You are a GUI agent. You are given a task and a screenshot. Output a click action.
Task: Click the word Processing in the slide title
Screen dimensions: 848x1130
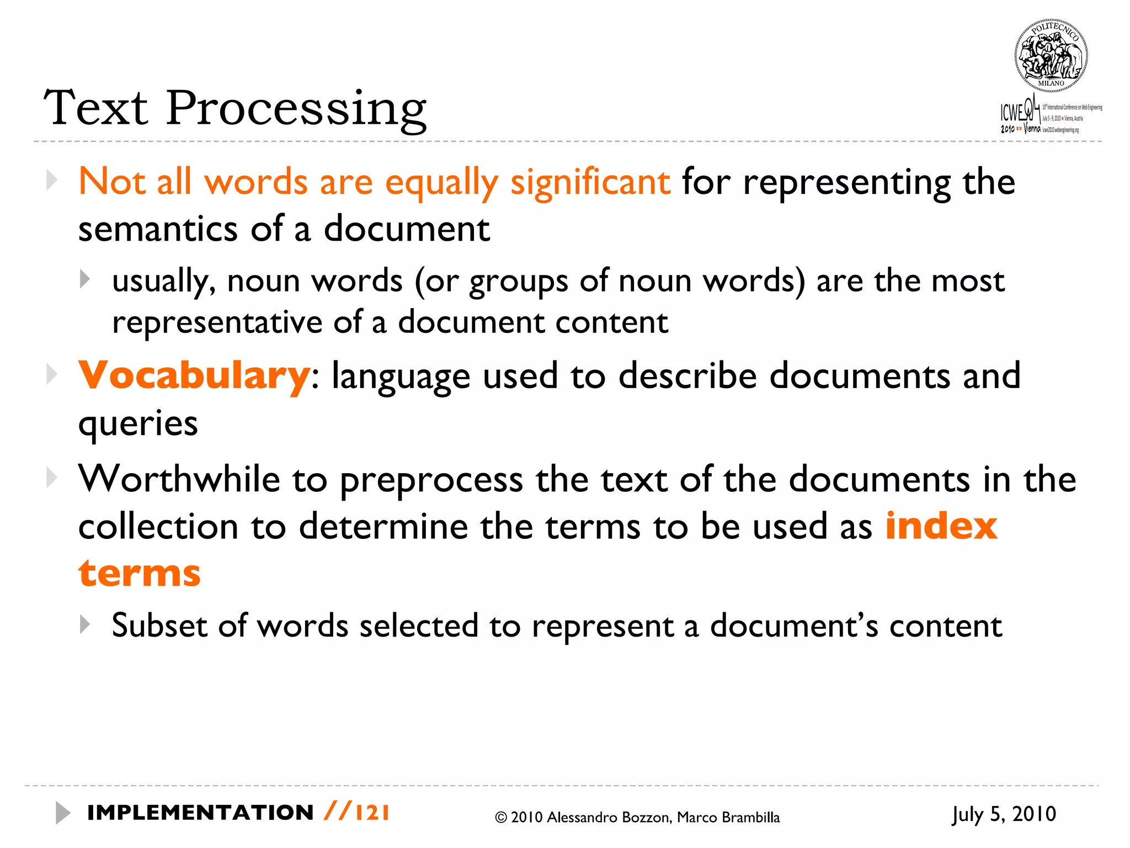[x=296, y=109]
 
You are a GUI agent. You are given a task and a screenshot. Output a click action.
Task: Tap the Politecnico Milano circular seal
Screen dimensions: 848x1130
[x=1051, y=56]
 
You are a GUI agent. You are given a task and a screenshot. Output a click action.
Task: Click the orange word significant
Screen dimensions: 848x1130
[x=590, y=182]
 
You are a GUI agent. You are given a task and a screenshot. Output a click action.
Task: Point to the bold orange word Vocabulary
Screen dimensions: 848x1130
[x=194, y=375]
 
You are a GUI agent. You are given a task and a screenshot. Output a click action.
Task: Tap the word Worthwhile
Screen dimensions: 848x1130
[x=179, y=479]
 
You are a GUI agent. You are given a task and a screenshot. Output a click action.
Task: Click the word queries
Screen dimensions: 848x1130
[x=138, y=423]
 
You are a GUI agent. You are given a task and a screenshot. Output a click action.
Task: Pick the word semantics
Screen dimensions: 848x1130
[x=158, y=229]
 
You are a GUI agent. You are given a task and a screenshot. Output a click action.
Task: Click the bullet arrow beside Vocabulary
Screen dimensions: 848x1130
[x=52, y=375]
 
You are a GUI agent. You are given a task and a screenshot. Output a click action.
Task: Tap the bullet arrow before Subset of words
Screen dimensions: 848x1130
[x=84, y=624]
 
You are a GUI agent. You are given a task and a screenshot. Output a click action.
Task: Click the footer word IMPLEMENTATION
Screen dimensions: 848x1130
[x=200, y=813]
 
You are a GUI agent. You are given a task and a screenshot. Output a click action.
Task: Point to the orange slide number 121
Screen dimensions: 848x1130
[x=372, y=813]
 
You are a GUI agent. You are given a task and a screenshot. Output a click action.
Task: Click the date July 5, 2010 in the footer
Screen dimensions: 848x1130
[x=1004, y=814]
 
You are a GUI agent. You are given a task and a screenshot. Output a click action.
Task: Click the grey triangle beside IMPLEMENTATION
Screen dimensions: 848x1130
[x=62, y=813]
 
